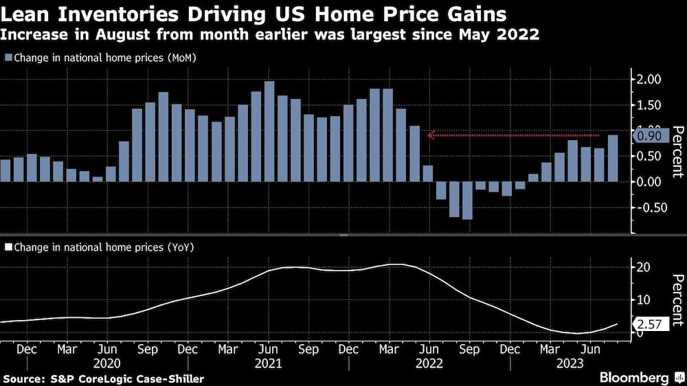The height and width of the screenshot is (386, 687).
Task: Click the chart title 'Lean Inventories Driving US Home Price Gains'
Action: pos(254,14)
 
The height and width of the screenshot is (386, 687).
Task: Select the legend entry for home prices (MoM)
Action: pos(104,58)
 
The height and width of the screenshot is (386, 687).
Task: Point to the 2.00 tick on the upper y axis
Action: pos(649,80)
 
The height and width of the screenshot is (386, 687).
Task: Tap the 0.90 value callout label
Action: pos(649,137)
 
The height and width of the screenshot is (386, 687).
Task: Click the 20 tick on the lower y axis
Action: pos(645,267)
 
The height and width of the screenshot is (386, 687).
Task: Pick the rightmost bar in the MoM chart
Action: pos(613,158)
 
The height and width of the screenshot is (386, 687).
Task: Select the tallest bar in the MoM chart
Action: pos(269,131)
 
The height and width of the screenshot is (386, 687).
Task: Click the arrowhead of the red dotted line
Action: pos(431,135)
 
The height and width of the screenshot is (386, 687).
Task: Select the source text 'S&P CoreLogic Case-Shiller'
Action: pos(128,378)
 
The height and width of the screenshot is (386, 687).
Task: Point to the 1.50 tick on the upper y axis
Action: pos(649,105)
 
